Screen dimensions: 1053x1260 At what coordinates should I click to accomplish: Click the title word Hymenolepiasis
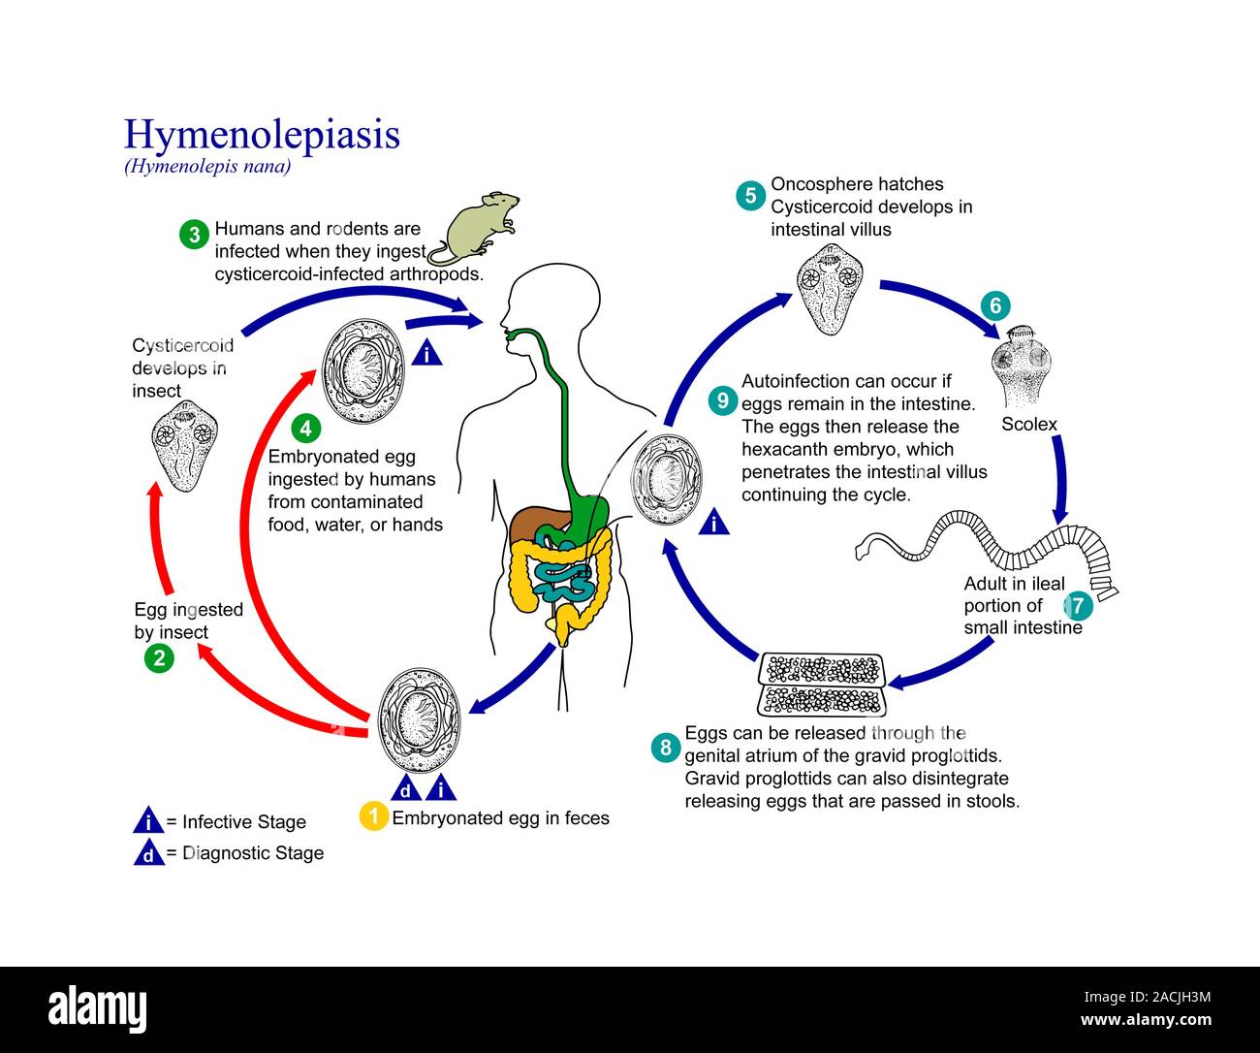coord(262,134)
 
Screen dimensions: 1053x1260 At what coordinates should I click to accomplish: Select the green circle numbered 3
coord(195,234)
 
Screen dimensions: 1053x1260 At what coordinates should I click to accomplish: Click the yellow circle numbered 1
coord(373,816)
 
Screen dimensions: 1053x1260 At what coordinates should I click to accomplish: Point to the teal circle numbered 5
coord(750,195)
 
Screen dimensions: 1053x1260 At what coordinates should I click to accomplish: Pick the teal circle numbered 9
coord(722,399)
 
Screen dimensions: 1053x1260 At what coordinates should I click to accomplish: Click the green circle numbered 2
coord(159,658)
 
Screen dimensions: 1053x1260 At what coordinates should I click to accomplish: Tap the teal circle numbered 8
coord(665,748)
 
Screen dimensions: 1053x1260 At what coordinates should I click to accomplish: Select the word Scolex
coord(1028,424)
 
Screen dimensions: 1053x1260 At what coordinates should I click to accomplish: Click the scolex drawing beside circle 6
coord(1021,367)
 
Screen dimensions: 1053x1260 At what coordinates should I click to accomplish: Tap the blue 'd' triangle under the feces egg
coord(405,787)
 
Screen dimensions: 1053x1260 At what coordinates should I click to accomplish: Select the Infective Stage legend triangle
coord(147,821)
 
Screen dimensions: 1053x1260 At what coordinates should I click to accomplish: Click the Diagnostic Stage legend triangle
coord(147,852)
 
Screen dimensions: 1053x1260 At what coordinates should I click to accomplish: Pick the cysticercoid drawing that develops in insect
coord(185,445)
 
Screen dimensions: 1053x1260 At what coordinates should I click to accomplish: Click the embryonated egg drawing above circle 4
coord(362,366)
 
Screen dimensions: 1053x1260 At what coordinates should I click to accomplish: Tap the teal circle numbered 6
coord(994,306)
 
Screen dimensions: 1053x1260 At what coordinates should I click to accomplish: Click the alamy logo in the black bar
coord(98,1008)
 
